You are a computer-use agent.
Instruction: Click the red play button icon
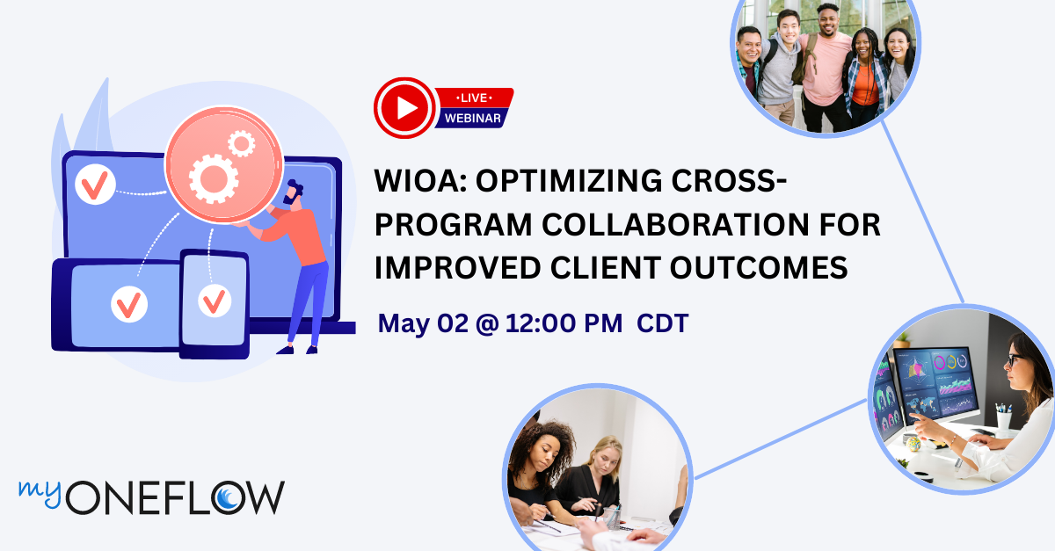(x=405, y=108)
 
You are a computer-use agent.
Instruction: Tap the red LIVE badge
(x=476, y=97)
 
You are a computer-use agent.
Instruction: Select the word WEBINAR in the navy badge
(x=473, y=118)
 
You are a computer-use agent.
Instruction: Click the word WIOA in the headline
(x=425, y=183)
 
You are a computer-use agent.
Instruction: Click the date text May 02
(x=426, y=323)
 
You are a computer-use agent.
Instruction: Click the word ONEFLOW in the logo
(x=175, y=498)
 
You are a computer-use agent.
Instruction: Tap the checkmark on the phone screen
(x=213, y=301)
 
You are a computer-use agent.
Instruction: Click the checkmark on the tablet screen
(x=131, y=304)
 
